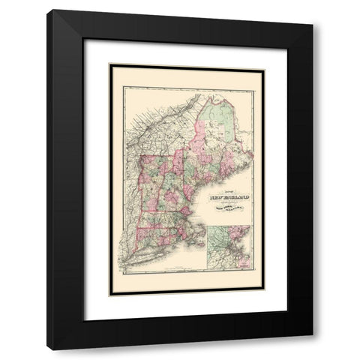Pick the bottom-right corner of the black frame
point(312,349)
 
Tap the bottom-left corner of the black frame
point(48,349)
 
